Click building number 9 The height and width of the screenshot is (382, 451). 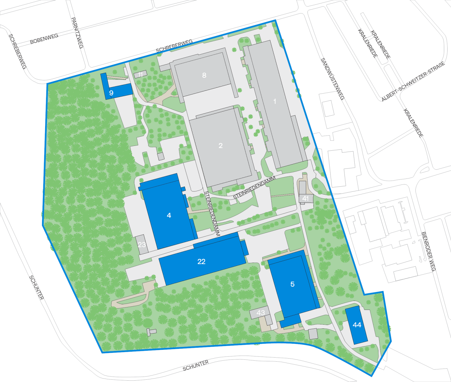click(x=111, y=92)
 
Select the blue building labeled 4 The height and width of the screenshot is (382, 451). click(x=169, y=215)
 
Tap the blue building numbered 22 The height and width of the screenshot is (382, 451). click(x=201, y=262)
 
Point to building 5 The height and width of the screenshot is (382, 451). click(x=292, y=284)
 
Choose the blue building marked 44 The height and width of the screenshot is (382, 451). click(x=357, y=325)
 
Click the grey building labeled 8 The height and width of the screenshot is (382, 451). click(x=204, y=75)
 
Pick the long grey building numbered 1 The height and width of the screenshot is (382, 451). click(x=275, y=101)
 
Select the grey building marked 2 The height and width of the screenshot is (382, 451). click(x=220, y=146)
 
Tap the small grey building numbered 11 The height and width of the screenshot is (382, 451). click(x=140, y=74)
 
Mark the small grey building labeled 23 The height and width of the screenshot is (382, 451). click(x=142, y=244)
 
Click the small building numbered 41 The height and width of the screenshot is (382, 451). click(x=306, y=198)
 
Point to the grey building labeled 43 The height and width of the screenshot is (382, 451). click(x=260, y=313)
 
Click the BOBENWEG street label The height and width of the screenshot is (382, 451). click(x=44, y=39)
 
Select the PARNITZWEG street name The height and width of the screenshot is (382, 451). click(x=77, y=33)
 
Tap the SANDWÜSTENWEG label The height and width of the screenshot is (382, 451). click(x=333, y=79)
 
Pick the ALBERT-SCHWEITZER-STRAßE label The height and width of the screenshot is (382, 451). click(x=413, y=82)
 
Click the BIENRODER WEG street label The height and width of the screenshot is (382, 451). click(x=428, y=251)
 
